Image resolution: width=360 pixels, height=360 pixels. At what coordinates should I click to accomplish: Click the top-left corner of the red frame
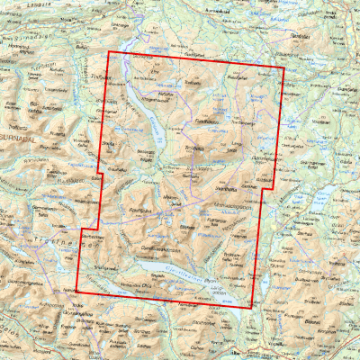coord(107,53)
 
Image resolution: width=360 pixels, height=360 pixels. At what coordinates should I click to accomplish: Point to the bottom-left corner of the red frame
coord(76,291)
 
